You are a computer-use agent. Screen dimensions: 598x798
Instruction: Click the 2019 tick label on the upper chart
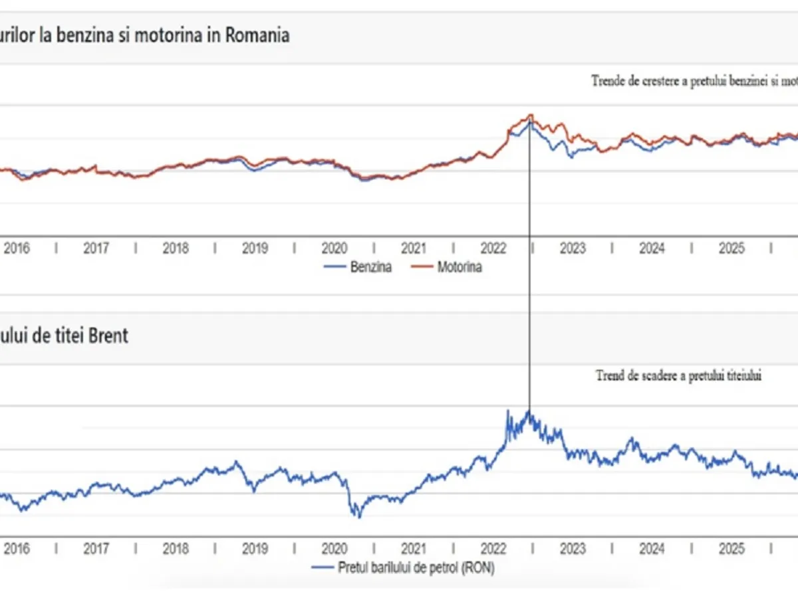coord(255,249)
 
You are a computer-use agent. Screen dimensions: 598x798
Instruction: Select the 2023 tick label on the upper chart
coord(573,249)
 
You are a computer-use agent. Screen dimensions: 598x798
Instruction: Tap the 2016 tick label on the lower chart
coord(17,549)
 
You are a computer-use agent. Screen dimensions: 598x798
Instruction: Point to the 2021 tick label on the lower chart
coord(414,549)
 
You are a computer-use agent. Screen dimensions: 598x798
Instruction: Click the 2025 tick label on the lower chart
coord(731,549)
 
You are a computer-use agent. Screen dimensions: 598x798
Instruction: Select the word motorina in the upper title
coord(170,35)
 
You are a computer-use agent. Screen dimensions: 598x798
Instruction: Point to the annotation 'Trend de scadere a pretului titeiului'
coord(678,376)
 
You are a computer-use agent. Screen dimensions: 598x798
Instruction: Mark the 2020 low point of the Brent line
coord(358,516)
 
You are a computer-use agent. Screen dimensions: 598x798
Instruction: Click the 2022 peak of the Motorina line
coord(530,115)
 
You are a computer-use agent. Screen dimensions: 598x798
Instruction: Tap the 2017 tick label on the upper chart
coord(96,249)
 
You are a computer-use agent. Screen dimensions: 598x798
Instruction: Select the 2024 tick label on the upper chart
coord(652,249)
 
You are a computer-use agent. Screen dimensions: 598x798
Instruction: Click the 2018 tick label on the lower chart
coord(176,549)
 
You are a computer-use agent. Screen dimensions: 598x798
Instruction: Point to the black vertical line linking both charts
coord(530,299)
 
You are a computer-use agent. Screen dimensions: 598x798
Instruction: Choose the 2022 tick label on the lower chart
coord(493,549)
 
